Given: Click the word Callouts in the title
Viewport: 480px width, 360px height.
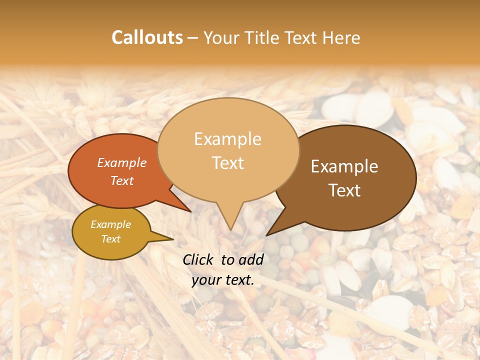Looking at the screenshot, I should click(147, 37).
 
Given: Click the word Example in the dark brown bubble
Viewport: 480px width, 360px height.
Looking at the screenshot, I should click(344, 166).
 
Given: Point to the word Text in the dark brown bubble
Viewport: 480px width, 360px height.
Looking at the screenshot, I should click(345, 190).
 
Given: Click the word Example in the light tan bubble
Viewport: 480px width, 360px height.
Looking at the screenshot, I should click(227, 139).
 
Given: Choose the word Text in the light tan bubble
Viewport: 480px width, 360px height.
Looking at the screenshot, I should click(228, 163).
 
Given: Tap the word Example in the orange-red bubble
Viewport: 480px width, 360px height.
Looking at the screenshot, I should click(122, 162).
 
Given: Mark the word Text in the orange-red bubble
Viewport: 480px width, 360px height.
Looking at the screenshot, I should click(122, 180).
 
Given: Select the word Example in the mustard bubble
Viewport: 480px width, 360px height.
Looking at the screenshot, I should click(111, 224).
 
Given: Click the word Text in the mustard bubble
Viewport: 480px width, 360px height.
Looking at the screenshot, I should click(111, 239).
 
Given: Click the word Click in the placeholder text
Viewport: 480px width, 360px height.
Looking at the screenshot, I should click(199, 259).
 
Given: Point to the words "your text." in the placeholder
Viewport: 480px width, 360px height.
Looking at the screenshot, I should click(223, 280).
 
